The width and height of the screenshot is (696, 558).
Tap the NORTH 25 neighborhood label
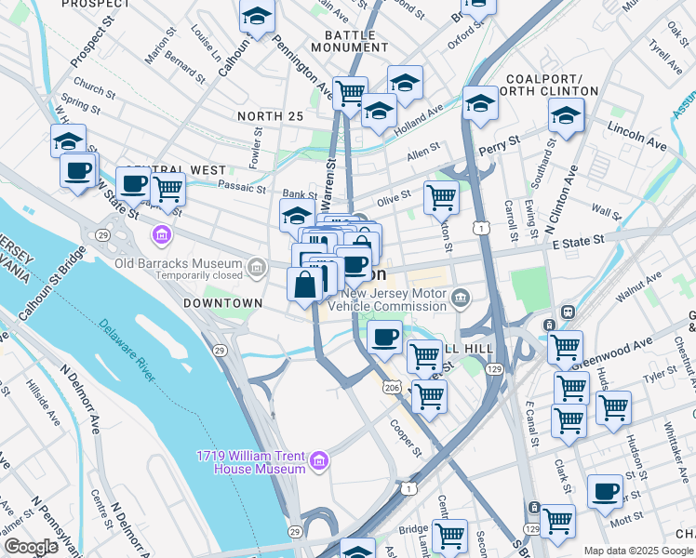[x=270, y=115]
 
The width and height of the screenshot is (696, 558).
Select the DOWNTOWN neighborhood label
[x=222, y=303]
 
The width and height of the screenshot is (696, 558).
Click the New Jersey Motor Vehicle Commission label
[x=388, y=299]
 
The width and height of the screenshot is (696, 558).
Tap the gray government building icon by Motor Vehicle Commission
[x=461, y=299]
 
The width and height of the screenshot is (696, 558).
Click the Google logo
[x=31, y=547]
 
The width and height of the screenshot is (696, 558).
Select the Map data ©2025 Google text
[x=638, y=551]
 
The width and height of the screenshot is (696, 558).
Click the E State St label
[x=579, y=241]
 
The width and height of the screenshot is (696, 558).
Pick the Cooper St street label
[x=408, y=432]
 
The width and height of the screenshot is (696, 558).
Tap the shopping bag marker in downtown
[x=304, y=285]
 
